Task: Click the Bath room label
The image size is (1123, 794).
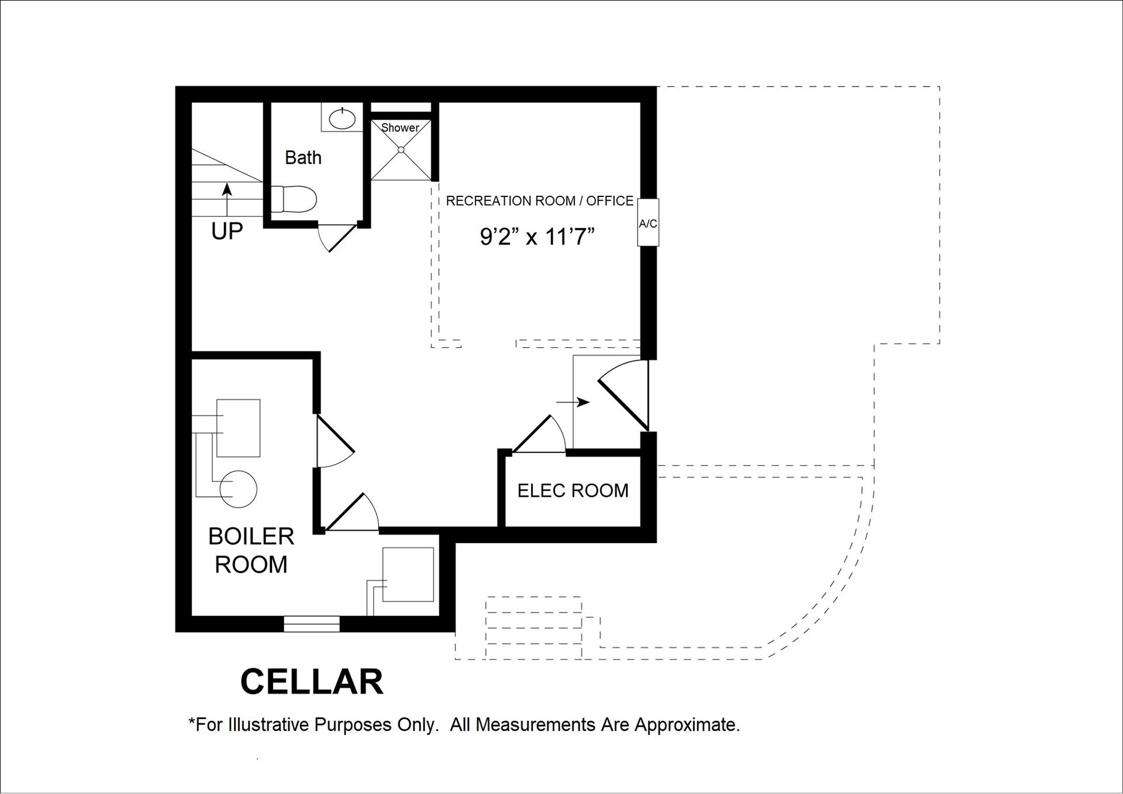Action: tap(303, 158)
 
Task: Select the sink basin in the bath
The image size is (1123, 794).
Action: tap(342, 119)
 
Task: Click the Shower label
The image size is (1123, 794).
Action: tap(400, 127)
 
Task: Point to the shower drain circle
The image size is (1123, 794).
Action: tap(401, 150)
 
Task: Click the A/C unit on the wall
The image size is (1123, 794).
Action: tap(647, 223)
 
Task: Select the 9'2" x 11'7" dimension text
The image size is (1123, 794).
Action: tap(537, 237)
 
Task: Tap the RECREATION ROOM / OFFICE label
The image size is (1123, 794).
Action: tap(539, 201)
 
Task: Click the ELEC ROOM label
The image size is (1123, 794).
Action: tap(573, 491)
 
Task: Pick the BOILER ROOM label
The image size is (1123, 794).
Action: tap(251, 550)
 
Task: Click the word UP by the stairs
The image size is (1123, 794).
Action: tap(227, 232)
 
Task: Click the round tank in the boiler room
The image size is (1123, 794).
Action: tap(239, 489)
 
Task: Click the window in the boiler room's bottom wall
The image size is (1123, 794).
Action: tap(312, 624)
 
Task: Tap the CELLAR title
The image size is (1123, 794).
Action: tap(312, 682)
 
